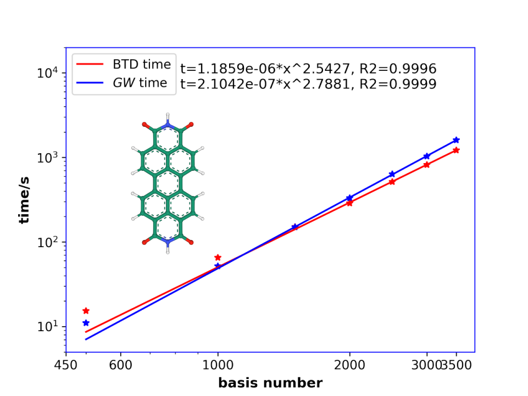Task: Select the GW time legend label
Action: [142, 83]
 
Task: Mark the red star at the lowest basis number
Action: [86, 311]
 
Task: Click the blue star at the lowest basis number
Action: [86, 322]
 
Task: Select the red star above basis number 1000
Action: [218, 258]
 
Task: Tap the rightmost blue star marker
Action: [456, 140]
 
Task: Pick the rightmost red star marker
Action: [456, 150]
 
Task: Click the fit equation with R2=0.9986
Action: [308, 69]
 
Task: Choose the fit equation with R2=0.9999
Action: [308, 84]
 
